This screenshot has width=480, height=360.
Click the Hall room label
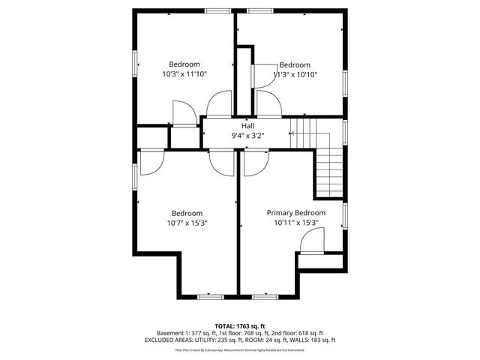pos(247,125)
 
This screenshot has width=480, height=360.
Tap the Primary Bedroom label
pos(296,213)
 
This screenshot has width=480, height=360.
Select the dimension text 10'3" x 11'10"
pos(184,74)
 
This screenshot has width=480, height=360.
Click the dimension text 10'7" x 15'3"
pos(187,223)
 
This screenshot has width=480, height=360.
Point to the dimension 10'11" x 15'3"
pos(296,223)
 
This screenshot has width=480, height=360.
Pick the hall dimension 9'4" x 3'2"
pos(247,135)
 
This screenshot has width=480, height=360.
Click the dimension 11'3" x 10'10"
pos(295,74)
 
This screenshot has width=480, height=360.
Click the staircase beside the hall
pos(328,169)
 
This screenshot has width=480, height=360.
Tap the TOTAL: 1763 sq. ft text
pos(240,325)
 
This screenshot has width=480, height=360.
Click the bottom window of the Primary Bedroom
pos(265,297)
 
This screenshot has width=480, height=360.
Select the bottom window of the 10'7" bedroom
pos(210,297)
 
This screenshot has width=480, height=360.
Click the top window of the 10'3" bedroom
pos(217,10)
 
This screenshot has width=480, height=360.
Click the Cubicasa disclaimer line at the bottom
pos(240,349)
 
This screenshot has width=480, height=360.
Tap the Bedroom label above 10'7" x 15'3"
pos(187,213)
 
